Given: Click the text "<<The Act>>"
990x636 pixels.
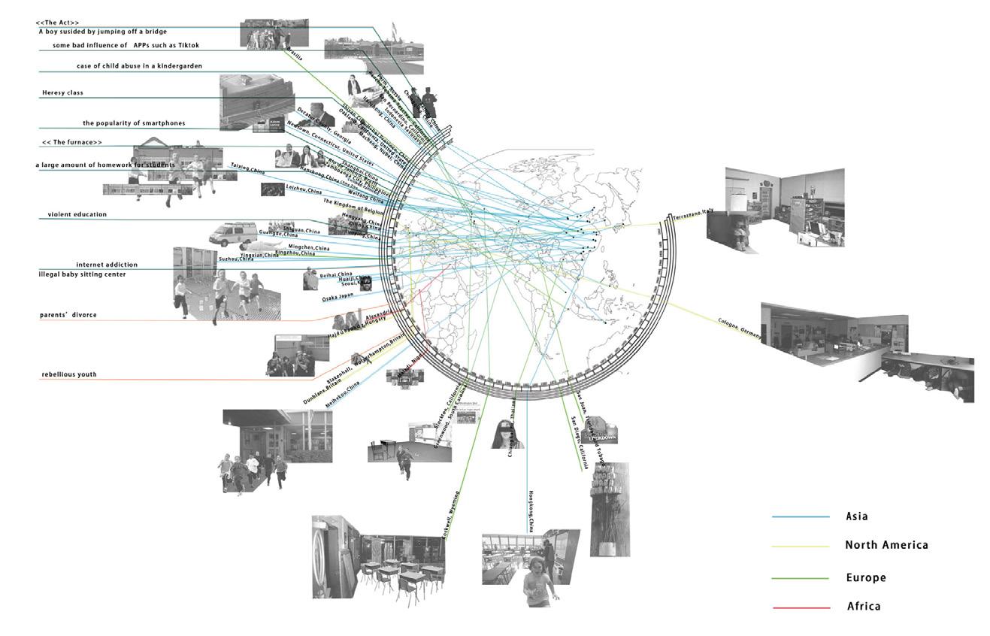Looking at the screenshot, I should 57,23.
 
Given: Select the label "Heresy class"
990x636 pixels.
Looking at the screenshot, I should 62,92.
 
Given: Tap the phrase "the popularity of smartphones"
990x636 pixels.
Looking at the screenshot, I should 134,123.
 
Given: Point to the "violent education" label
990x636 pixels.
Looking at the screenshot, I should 77,214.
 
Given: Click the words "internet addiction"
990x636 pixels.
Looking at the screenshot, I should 107,265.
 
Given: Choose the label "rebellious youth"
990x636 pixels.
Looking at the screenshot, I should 69,374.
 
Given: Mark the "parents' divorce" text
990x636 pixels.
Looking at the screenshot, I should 68,315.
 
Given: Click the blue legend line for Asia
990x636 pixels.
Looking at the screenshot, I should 801,517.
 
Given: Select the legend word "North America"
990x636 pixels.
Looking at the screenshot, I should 886,545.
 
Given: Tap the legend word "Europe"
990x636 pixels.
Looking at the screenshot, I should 866,578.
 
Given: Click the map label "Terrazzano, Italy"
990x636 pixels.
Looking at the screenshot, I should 692,215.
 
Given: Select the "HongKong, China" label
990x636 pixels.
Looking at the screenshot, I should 531,511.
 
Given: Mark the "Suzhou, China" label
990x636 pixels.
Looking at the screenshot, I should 236,259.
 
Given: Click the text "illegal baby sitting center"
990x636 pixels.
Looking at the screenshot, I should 82,274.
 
